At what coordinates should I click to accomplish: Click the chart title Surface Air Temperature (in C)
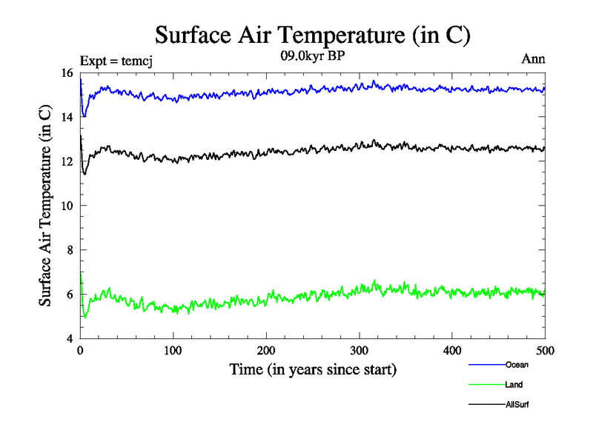[x=313, y=35]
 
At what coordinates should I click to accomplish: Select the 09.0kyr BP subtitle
[x=311, y=56]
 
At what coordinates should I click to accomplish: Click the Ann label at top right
[x=534, y=58]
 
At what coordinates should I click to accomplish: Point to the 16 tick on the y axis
[x=66, y=73]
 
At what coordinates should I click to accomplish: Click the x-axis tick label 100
[x=173, y=350]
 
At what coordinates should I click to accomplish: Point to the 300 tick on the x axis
[x=359, y=350]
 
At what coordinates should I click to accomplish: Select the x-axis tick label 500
[x=545, y=350]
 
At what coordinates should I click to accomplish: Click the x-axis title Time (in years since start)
[x=313, y=369]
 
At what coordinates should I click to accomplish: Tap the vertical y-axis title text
[x=46, y=206]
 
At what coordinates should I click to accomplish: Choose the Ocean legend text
[x=517, y=364]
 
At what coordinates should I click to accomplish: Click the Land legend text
[x=514, y=385]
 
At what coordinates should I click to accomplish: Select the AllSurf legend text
[x=517, y=405]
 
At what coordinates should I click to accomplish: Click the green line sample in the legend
[x=486, y=385]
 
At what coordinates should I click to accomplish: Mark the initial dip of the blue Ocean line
[x=85, y=116]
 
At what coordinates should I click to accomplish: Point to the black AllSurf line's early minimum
[x=85, y=174]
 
